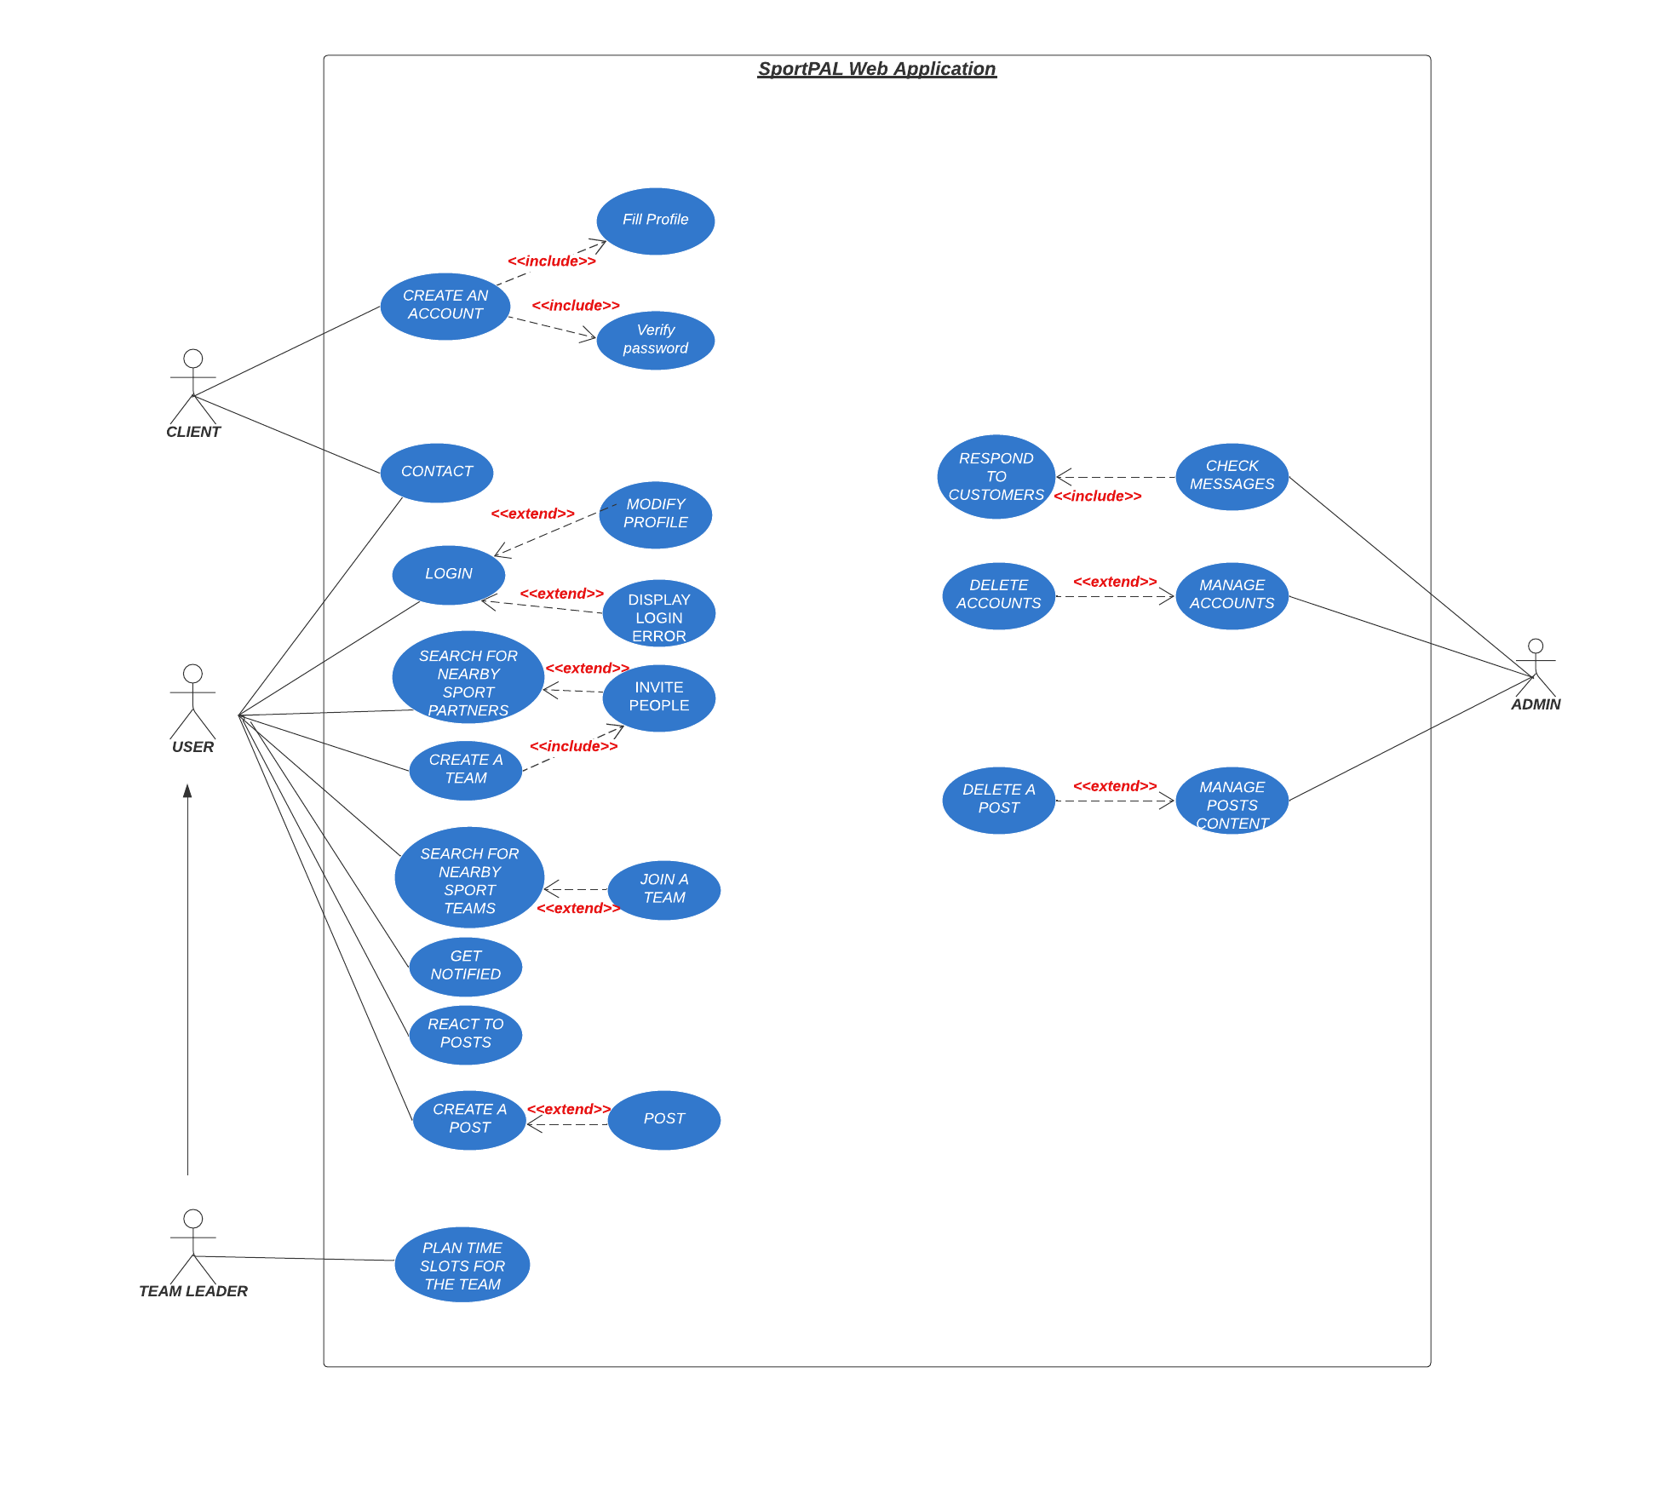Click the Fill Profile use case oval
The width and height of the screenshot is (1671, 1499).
point(655,221)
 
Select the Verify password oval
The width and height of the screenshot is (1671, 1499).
point(655,340)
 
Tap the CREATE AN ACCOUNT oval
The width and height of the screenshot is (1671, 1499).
point(445,306)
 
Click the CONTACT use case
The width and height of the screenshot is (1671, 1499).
point(436,472)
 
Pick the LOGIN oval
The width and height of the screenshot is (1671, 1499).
point(448,575)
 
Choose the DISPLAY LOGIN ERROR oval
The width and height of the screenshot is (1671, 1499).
point(658,614)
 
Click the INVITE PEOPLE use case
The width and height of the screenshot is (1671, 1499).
point(658,698)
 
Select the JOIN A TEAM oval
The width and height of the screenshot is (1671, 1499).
point(663,889)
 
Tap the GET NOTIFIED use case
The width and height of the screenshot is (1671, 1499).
point(465,966)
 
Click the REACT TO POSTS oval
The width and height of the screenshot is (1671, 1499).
point(465,1034)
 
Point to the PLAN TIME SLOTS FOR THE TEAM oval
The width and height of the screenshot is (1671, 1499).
point(462,1265)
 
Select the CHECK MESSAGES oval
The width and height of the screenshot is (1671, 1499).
point(1232,476)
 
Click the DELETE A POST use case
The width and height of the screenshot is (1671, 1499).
point(998,800)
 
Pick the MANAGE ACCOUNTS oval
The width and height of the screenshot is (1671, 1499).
point(1232,595)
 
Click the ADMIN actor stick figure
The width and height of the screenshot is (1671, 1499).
point(1535,669)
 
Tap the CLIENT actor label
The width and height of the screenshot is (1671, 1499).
point(193,432)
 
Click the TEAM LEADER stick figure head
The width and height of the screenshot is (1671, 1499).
point(193,1219)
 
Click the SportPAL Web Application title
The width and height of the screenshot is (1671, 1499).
point(876,69)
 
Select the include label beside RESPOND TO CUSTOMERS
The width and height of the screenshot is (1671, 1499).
point(1097,497)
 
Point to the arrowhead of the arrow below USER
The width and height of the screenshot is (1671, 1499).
point(187,790)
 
